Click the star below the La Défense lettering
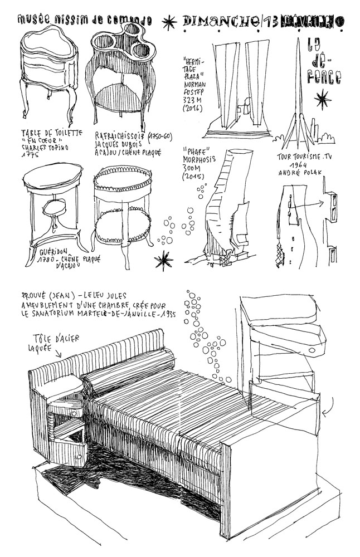tap(320, 101)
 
